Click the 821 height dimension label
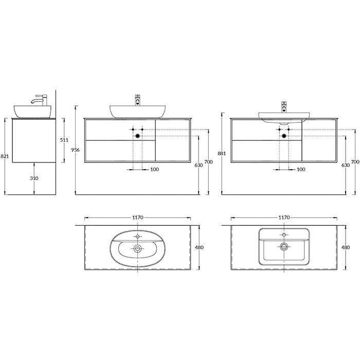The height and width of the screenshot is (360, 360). [x=5, y=156]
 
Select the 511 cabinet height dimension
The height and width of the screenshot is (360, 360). [x=64, y=140]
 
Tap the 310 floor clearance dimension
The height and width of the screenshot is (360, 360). [x=34, y=178]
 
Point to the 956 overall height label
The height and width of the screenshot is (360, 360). [x=76, y=150]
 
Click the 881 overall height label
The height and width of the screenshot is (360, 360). [x=222, y=153]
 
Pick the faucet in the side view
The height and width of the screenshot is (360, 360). [x=40, y=100]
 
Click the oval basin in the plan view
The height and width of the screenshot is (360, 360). [x=137, y=248]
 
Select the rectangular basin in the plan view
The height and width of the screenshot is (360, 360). [x=284, y=247]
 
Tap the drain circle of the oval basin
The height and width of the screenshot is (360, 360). [x=137, y=248]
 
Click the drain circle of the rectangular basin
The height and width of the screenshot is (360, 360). [x=284, y=246]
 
